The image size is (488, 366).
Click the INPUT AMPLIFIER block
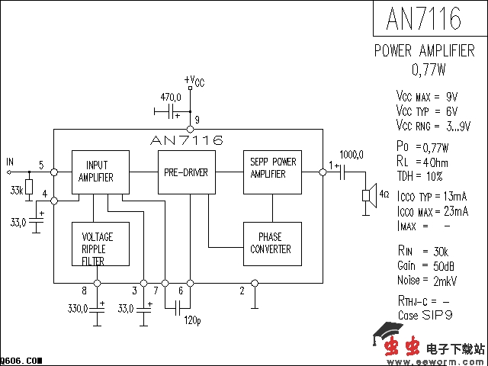[100, 172]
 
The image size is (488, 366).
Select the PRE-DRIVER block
[186, 172]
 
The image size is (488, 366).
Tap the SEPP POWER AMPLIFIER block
[273, 169]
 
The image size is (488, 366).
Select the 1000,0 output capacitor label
[352, 154]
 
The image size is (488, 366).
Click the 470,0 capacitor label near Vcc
[170, 98]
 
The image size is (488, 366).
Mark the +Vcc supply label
[194, 81]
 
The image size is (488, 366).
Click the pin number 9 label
[197, 120]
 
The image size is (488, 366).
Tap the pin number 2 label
[242, 291]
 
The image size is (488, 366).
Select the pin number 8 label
[84, 291]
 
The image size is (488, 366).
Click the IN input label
[10, 162]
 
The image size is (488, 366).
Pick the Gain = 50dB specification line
[426, 266]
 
